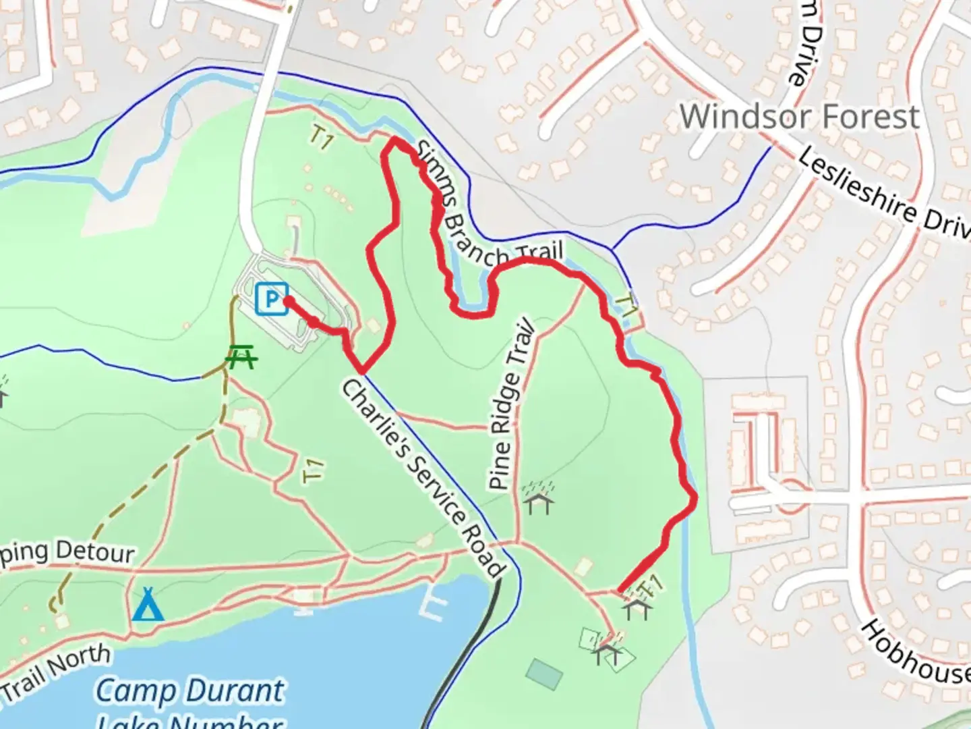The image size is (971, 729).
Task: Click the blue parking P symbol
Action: click(x=272, y=298)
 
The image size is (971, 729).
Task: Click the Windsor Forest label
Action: click(x=799, y=117)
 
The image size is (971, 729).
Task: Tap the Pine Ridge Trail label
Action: click(x=512, y=406)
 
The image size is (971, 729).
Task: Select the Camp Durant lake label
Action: click(x=190, y=691)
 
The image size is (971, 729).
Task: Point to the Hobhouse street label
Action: click(x=917, y=651)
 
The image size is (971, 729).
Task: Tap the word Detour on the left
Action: click(x=95, y=552)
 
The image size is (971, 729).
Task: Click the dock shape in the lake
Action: click(x=431, y=603)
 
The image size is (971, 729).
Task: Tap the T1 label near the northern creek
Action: click(x=322, y=138)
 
